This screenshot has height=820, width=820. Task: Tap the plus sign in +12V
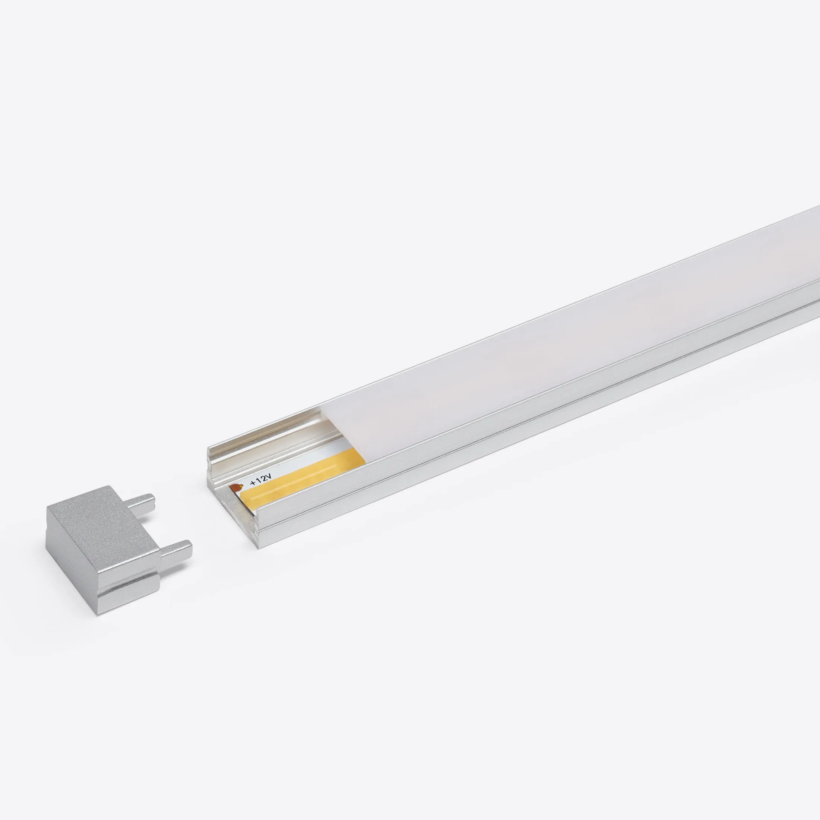coord(253,483)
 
